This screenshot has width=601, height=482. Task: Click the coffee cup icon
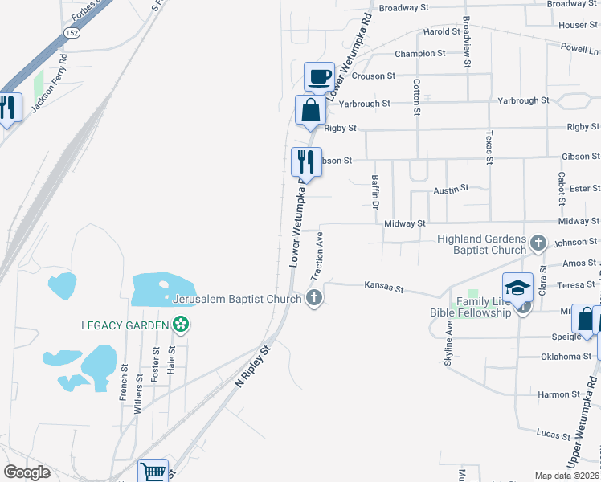(x=319, y=77)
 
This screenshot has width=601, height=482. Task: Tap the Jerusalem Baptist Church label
(x=237, y=299)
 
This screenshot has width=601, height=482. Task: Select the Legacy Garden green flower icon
(x=182, y=325)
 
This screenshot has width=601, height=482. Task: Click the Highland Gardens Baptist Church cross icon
(x=538, y=242)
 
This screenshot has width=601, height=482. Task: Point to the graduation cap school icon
(x=518, y=287)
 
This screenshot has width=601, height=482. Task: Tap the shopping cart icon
(x=153, y=472)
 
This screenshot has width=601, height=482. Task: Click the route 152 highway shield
(x=72, y=31)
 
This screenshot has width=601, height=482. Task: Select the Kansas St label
(x=383, y=285)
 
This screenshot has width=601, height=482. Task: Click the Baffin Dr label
(x=374, y=193)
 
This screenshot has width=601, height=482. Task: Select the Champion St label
(x=419, y=54)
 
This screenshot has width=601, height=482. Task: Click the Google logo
(x=27, y=472)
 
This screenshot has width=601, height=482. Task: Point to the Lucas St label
(x=554, y=434)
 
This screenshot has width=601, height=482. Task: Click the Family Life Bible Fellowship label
(x=484, y=307)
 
